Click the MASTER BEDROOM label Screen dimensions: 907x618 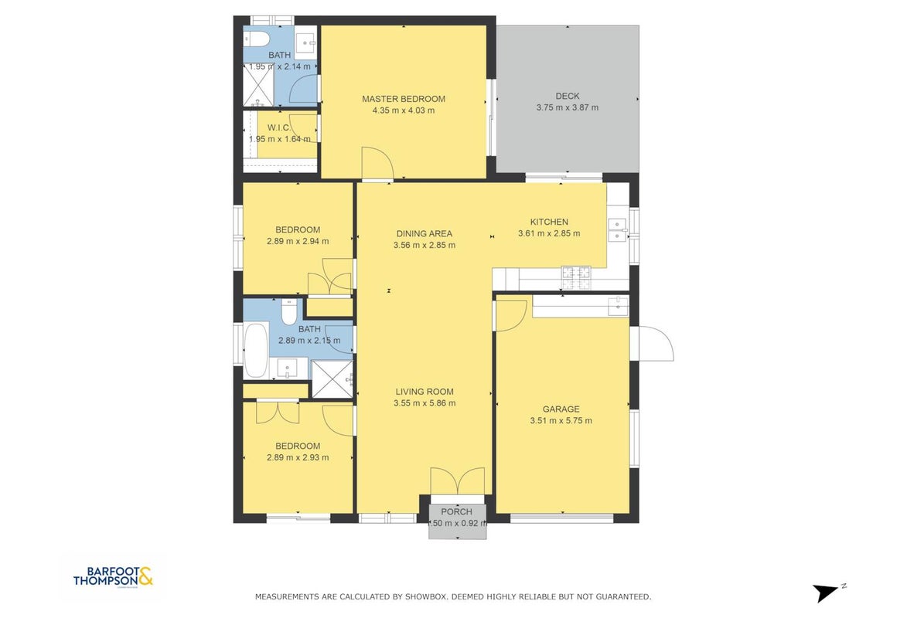coord(403,99)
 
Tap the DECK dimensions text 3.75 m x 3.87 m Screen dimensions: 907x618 coord(567,107)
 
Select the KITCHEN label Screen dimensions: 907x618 coord(549,222)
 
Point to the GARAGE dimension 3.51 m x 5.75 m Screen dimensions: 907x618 coord(561,421)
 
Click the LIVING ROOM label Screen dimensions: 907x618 coord(424,392)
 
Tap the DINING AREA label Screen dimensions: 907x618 coord(424,234)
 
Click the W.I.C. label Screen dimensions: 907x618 coord(279,127)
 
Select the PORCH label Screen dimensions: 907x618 coord(456,511)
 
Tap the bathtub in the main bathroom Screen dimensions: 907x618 coord(256,351)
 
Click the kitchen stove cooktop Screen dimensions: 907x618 coord(577,277)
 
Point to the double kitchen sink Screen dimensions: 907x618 coord(618,229)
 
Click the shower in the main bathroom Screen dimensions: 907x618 coord(332,379)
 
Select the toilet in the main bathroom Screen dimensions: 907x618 coord(288,312)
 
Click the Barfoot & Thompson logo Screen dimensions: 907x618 coord(113,576)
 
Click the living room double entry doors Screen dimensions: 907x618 coord(458,481)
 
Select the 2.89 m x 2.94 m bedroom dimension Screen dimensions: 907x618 coord(298,242)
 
